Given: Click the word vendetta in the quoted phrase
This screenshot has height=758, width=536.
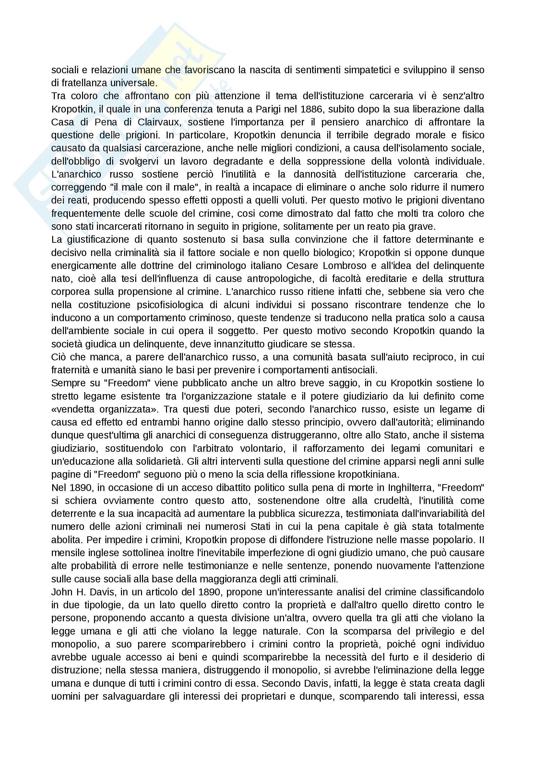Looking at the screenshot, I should (x=73, y=409).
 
